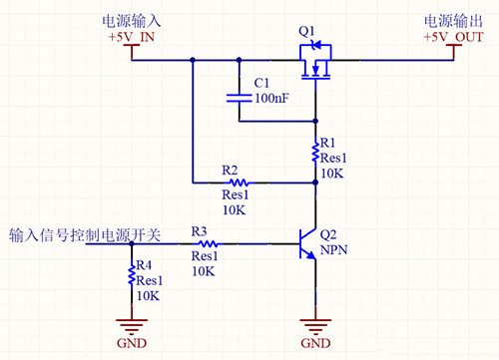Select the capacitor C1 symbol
[x=240, y=97]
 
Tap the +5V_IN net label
[x=131, y=37]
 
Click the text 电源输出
[x=454, y=20]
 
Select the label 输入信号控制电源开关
[x=84, y=235]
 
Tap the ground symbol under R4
[x=130, y=325]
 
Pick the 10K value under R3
[x=204, y=271]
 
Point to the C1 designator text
[x=262, y=82]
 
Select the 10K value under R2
[x=234, y=210]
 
